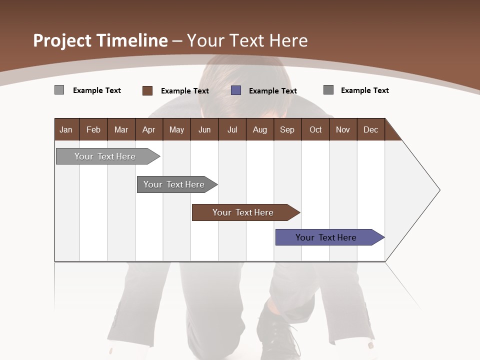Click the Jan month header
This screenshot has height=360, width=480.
66,129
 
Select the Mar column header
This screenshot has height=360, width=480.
121,129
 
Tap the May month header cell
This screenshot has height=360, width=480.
176,129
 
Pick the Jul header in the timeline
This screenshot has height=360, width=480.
232,129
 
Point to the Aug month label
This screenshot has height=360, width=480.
259,129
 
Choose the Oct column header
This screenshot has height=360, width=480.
315,129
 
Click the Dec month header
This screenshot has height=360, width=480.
370,129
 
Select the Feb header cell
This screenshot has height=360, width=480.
93,129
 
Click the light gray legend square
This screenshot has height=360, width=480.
59,90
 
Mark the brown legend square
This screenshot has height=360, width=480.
147,90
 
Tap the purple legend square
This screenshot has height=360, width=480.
236,90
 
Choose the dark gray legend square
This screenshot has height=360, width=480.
328,90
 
